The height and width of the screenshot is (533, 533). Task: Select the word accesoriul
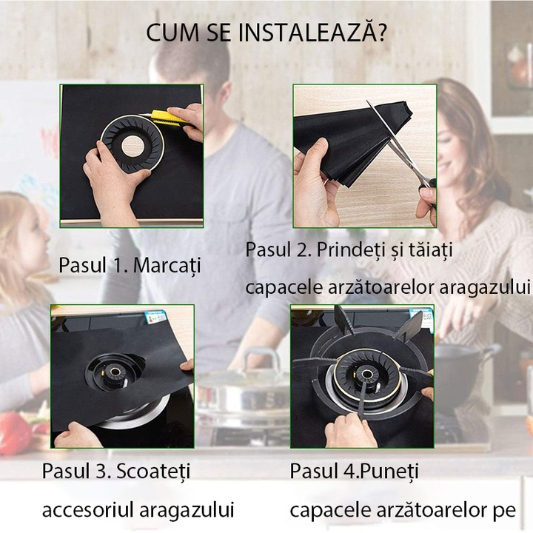click(x=84, y=509)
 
